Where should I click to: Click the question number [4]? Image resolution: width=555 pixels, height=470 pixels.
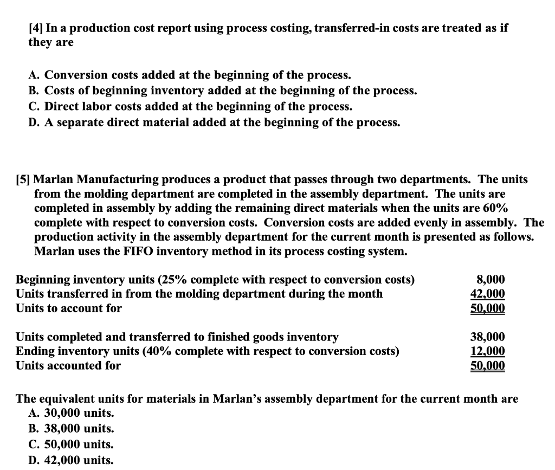coord(36,28)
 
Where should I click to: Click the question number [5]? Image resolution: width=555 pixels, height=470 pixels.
coord(24,179)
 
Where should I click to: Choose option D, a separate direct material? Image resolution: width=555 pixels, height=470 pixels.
coord(214,122)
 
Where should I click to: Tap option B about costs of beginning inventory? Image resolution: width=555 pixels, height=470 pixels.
coord(223,91)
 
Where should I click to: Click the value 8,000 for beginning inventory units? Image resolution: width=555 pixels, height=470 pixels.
coord(490,280)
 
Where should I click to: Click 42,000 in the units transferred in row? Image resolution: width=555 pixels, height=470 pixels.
coord(487,294)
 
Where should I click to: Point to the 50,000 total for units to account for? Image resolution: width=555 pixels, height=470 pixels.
coord(487,308)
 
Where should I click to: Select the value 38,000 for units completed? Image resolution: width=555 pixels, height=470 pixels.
coord(487,337)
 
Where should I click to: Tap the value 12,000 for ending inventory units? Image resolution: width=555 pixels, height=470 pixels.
coord(487,351)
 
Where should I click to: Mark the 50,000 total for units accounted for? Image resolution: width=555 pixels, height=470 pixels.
coord(487,365)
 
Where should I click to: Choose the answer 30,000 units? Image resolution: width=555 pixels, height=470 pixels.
coord(71,413)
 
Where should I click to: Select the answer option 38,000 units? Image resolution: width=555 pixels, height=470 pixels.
coord(71,429)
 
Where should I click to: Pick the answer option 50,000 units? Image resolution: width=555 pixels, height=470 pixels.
coord(71,445)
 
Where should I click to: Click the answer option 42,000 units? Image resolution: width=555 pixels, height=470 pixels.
coord(71,460)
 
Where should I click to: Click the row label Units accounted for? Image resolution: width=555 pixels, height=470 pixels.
coord(68,365)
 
